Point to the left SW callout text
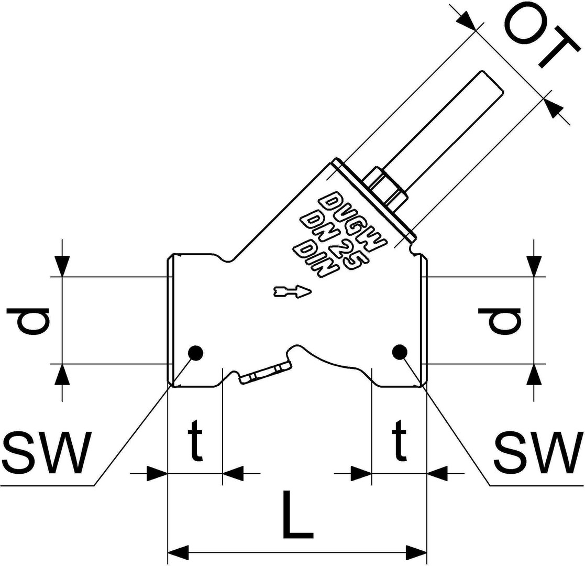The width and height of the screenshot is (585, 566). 47,452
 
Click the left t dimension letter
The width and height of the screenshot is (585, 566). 196,440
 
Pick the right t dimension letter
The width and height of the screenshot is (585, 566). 399,440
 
